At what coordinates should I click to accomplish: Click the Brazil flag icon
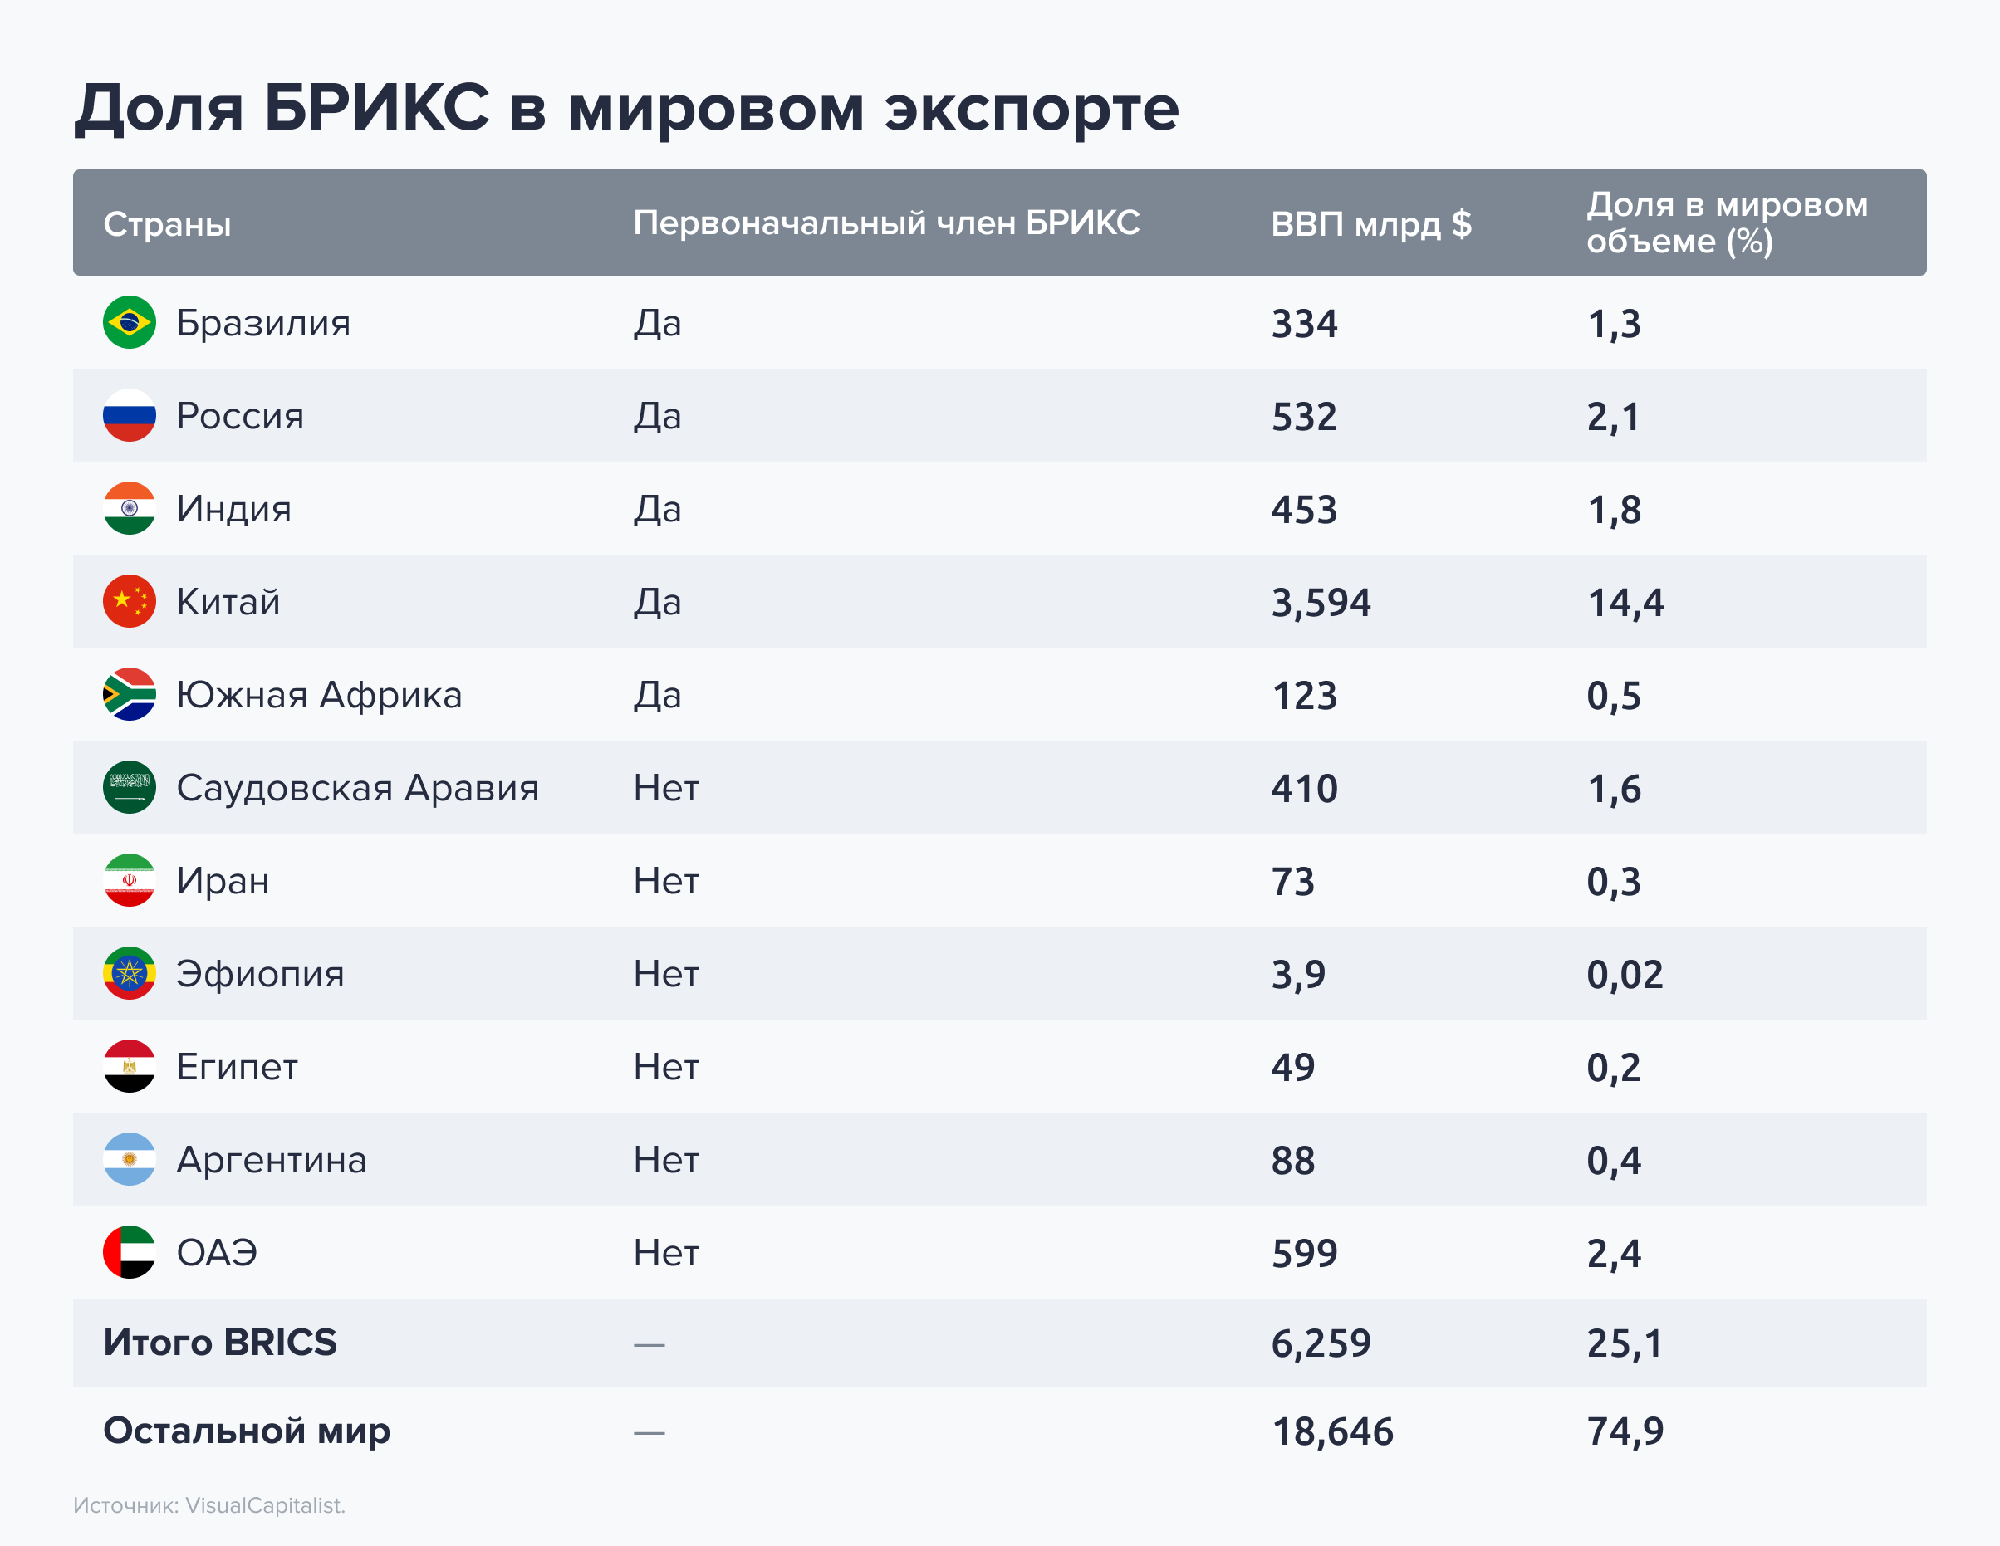129,322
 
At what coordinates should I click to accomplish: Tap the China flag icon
129,601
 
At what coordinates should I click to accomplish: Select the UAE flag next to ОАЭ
129,1251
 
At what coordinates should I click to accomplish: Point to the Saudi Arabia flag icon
129,787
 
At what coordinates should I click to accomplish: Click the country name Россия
240,417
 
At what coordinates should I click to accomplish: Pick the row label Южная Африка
319,695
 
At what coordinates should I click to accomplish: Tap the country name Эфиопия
260,974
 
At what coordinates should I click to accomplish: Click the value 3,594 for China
1321,602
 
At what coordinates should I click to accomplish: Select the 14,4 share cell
1625,602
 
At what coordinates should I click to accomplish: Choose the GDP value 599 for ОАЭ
1304,1253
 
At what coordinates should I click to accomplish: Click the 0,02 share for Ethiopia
1625,974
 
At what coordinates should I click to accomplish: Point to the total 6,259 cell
1321,1343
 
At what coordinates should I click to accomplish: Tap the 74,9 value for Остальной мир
1625,1431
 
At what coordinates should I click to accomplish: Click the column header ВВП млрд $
1371,223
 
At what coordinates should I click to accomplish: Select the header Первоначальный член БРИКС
885,223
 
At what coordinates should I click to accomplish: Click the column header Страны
167,224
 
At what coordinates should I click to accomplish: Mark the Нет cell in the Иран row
666,881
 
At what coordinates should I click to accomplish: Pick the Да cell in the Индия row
658,509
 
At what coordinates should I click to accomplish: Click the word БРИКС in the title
376,108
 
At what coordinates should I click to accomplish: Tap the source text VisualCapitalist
265,1505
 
